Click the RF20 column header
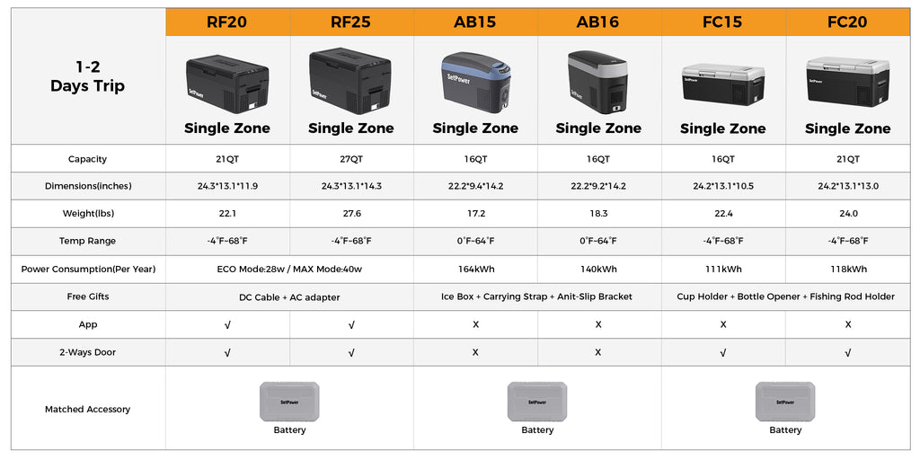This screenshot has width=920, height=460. coord(227,22)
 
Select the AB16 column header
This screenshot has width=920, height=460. coord(598,22)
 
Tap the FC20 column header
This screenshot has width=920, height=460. coord(847,22)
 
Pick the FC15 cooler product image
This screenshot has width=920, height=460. coord(722,84)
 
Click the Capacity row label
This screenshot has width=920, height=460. coord(87,159)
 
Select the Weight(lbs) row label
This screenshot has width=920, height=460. coord(87,214)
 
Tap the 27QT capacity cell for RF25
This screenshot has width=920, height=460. coord(351,159)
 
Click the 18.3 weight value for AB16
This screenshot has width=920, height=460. coord(598,214)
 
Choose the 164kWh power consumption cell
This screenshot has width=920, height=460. coord(475,269)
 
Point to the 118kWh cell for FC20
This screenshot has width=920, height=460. coord(848,269)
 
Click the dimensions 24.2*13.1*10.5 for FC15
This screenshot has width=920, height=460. coord(723,186)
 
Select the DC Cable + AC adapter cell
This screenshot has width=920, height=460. coord(289,296)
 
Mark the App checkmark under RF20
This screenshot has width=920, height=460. coord(227,324)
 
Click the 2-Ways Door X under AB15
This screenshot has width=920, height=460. coord(475,352)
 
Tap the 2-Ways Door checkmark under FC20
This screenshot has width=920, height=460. coord(848,352)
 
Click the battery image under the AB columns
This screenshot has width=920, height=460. coord(537,401)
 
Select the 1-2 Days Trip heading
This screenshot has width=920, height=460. coord(87,77)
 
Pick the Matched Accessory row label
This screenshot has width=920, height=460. coord(87,409)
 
